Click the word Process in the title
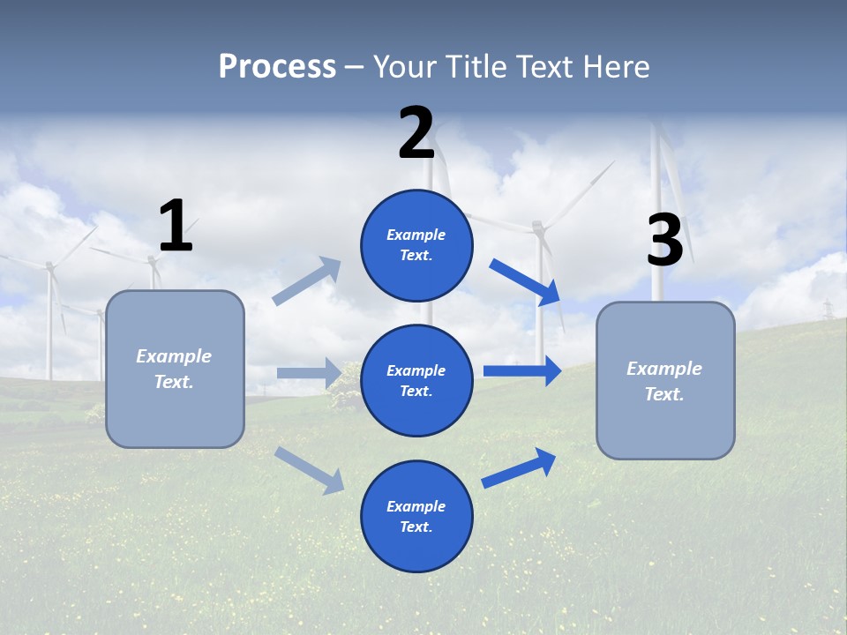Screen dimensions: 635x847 click(x=277, y=66)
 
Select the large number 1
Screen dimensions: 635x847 click(x=176, y=226)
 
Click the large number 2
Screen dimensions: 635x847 click(x=416, y=133)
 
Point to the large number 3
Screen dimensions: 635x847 click(x=664, y=240)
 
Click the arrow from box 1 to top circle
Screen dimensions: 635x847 click(x=307, y=280)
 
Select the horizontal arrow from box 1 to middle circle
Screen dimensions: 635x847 click(x=309, y=373)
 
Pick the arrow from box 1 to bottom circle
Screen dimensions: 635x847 click(x=309, y=470)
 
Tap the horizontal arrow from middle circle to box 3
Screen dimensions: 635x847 click(x=521, y=370)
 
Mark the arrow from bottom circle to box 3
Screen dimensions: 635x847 click(x=519, y=467)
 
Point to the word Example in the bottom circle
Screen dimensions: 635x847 click(x=416, y=506)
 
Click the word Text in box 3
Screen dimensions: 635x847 click(x=663, y=394)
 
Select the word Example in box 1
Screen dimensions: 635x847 click(x=174, y=356)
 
